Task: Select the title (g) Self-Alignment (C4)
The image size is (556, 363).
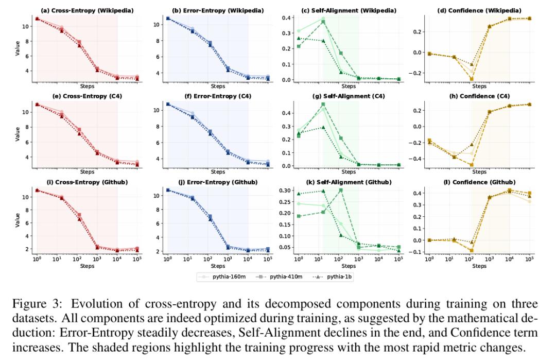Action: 349,96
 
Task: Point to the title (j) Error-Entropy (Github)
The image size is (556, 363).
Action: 217,182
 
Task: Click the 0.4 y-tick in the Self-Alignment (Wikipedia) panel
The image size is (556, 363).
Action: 284,19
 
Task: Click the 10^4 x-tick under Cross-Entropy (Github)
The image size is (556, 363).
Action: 117,259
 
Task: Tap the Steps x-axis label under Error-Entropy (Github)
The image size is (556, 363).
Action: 217,266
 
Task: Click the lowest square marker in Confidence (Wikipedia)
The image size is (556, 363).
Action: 471,79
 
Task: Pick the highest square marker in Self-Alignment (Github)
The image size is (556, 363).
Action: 338,191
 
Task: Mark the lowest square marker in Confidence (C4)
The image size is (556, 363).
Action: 471,165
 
